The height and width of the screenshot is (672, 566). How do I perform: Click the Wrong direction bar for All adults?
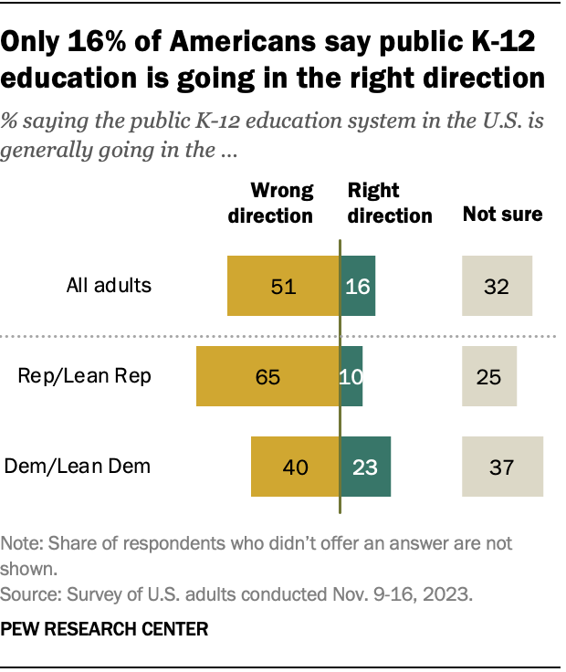pos(283,286)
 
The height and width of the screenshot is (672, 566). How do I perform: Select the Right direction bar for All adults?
pos(357,286)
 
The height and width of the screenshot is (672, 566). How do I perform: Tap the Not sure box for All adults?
pos(497,286)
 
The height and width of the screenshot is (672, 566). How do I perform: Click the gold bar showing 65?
pos(267,375)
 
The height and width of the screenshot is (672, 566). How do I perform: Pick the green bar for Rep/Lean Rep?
pos(351,375)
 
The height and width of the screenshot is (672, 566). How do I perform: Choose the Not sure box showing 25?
pos(489,375)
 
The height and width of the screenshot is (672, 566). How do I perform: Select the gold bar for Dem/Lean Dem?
pos(295,467)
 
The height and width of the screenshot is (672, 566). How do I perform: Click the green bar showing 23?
pos(365,467)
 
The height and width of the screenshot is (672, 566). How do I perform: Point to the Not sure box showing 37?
pos(503,467)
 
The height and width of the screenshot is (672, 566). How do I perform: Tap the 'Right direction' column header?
pos(389,203)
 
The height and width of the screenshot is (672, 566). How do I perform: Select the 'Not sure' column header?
pos(502,215)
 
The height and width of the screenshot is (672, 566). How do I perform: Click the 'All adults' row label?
pos(109,285)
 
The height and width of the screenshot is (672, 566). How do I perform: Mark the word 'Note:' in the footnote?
pos(23,543)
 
